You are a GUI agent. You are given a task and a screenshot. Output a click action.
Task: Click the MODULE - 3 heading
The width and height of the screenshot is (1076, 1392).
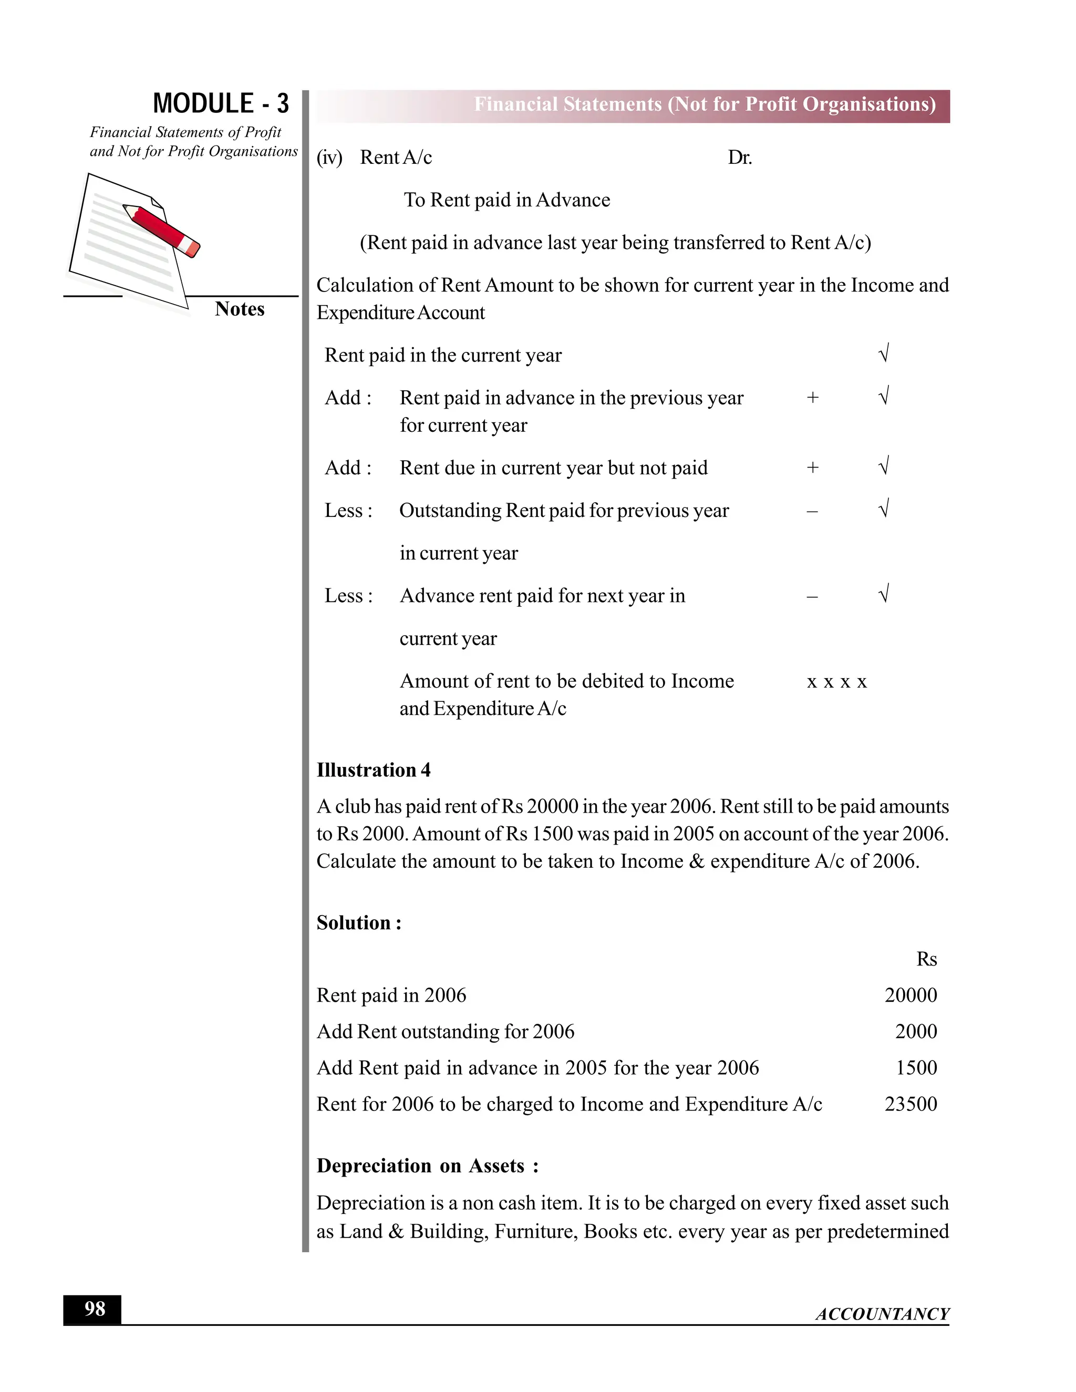221,103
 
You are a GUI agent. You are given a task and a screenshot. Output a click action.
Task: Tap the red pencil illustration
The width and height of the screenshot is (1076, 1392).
162,230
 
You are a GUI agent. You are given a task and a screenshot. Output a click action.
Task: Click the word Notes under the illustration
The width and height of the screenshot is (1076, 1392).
239,309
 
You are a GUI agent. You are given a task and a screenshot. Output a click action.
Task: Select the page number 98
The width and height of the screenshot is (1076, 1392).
95,1309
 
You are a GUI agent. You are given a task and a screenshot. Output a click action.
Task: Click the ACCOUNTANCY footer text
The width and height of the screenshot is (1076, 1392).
882,1314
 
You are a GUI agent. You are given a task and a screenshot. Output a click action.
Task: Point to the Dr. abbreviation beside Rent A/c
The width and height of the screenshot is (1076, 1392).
739,158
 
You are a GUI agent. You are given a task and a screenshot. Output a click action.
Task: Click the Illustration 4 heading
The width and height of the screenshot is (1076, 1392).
374,770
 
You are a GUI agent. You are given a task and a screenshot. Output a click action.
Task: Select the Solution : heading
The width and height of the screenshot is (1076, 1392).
359,923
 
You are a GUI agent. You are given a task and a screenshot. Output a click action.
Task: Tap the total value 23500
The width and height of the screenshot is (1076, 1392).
911,1104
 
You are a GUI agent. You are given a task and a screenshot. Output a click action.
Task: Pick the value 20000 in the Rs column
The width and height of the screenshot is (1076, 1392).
911,995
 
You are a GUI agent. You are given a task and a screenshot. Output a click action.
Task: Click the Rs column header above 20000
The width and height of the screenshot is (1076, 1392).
926,959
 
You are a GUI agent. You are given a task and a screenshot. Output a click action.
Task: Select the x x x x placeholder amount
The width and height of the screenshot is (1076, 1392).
836,682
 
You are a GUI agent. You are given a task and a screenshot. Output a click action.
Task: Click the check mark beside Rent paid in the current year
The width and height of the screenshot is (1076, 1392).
884,354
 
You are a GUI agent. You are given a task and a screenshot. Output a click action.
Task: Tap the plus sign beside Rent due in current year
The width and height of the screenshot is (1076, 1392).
812,468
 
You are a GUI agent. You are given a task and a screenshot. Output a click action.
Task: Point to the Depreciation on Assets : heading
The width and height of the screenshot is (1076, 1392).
428,1166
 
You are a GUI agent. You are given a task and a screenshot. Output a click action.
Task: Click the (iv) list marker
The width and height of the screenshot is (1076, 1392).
329,158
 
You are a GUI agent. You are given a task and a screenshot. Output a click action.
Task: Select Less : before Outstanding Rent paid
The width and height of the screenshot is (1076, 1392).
348,511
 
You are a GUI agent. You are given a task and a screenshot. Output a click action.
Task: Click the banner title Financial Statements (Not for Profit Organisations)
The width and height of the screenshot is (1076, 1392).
705,105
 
